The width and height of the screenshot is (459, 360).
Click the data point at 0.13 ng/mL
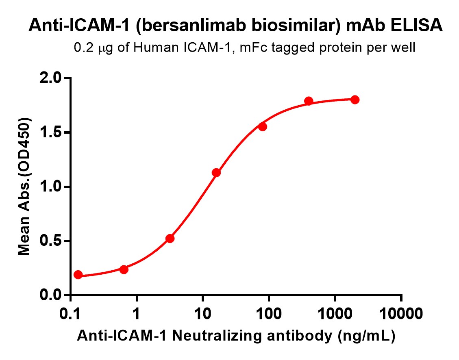[78, 275]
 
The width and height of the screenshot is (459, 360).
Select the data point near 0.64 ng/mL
[124, 269]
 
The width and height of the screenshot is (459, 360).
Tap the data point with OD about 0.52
[170, 239]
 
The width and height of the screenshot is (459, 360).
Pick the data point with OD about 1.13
[216, 173]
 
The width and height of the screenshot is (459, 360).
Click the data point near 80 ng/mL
[263, 127]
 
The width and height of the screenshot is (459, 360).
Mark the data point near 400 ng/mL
[309, 101]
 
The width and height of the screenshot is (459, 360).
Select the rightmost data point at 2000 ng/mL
[355, 100]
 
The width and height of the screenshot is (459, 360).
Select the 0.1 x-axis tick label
[71, 314]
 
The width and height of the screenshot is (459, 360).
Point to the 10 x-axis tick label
[203, 314]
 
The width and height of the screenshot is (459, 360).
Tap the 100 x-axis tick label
[269, 314]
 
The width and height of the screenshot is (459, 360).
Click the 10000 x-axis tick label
[401, 314]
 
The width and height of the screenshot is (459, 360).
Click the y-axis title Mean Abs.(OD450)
[25, 187]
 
